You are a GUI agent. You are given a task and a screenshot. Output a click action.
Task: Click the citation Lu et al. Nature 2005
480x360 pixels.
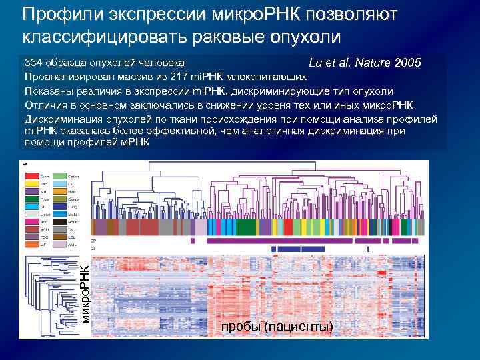pos(365,63)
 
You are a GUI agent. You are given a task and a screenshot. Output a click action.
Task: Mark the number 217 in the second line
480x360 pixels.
pos(180,77)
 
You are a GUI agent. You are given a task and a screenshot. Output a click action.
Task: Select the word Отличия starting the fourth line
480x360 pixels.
pos(45,105)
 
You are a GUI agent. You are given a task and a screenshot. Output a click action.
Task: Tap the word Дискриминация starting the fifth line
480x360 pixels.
pos(61,119)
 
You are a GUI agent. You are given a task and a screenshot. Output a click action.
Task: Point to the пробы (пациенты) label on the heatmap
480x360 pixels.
pos(277,326)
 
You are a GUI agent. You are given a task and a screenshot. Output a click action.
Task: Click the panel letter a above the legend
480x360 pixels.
pos(25,163)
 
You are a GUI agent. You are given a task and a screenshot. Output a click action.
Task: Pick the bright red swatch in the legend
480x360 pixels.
pos(33,177)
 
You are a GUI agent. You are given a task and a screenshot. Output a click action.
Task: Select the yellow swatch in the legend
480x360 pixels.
pos(33,184)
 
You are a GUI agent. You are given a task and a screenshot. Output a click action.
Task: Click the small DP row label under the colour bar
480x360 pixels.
pos(93,240)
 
